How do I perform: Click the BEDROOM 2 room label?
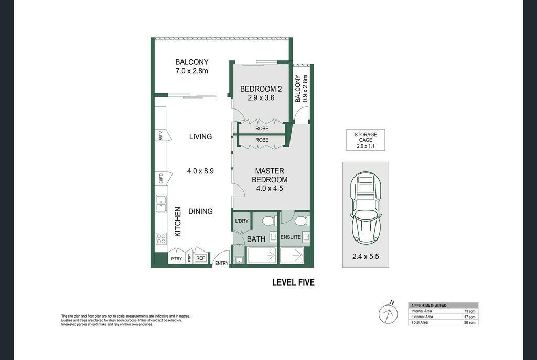click(261, 89)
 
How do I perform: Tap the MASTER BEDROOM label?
click(270, 175)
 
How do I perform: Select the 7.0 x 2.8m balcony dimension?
click(192, 71)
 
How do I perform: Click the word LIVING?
click(201, 137)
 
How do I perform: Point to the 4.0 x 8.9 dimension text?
click(200, 171)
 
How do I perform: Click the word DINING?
click(200, 211)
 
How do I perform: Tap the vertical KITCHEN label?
click(178, 222)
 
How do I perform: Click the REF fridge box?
click(200, 258)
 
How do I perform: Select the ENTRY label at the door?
click(222, 263)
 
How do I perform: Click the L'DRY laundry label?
click(242, 221)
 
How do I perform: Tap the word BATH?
click(256, 239)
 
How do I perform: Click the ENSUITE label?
click(291, 237)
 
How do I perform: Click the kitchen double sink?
click(162, 203)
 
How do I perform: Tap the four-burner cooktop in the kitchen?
click(162, 238)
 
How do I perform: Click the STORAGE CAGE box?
click(366, 140)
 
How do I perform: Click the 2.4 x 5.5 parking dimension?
click(366, 256)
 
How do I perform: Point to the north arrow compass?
click(388, 313)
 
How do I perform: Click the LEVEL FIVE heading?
click(293, 282)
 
